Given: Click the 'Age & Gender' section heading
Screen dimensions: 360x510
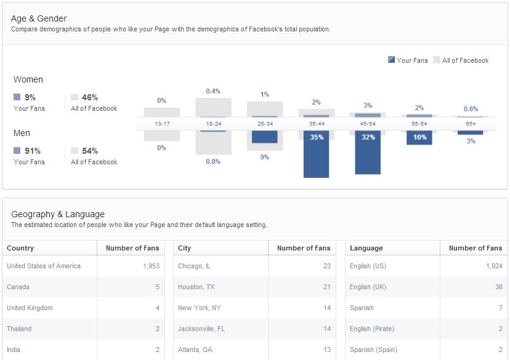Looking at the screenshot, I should click(39, 18).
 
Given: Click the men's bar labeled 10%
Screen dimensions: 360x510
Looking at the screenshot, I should click(419, 137).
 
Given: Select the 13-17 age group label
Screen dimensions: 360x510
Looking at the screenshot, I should click(162, 124).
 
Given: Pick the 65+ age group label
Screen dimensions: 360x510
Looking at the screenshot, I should click(471, 124).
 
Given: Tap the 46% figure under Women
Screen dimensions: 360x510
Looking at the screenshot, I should click(89, 97).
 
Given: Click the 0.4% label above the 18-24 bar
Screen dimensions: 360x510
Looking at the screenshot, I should click(213, 91).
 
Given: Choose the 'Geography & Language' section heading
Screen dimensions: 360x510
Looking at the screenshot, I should click(58, 214).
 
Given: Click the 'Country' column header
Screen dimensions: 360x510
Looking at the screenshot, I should click(20, 248).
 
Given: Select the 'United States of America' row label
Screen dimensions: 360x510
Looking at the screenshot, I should click(44, 266).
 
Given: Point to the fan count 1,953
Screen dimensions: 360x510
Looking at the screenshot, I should click(150, 266).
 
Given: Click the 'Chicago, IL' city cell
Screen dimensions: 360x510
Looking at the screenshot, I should click(194, 266).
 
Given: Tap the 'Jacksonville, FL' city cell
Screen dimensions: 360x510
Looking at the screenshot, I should click(201, 329).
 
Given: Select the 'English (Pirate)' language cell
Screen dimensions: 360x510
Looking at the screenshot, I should click(372, 329).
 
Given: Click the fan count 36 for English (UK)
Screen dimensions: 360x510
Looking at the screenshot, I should click(498, 287).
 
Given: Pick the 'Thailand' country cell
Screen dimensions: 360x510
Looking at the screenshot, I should click(19, 329).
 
